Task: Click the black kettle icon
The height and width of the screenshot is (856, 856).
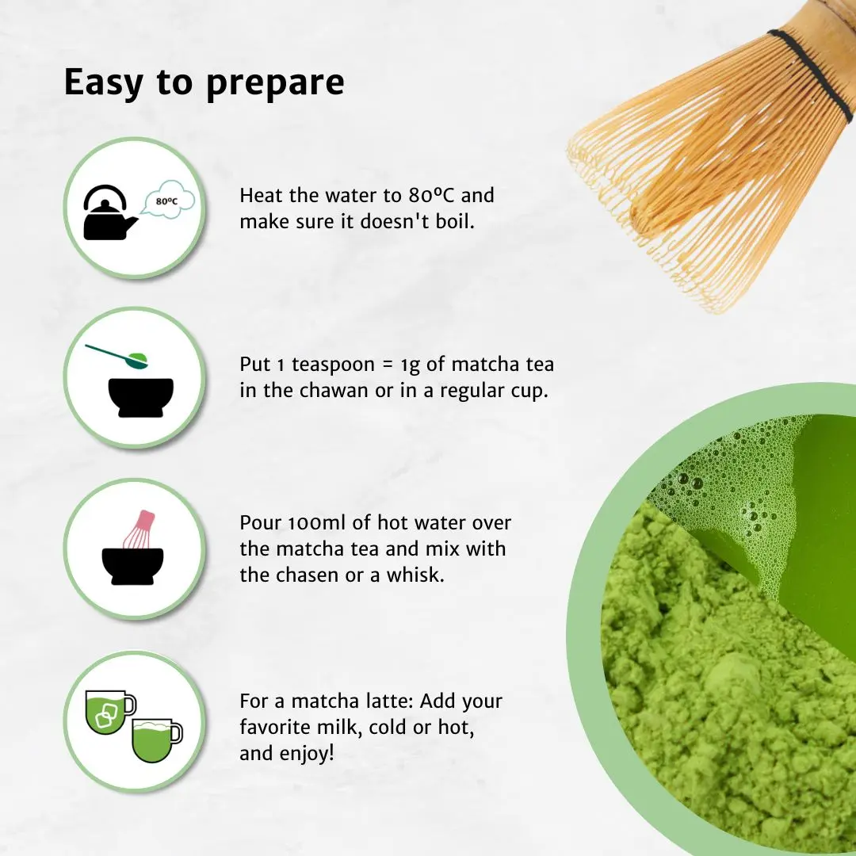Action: coord(109,212)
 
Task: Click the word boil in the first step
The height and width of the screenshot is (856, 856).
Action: coord(454,222)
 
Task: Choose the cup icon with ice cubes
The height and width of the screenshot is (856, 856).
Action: coord(109,712)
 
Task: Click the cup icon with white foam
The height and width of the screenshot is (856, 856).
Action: coord(155,739)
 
